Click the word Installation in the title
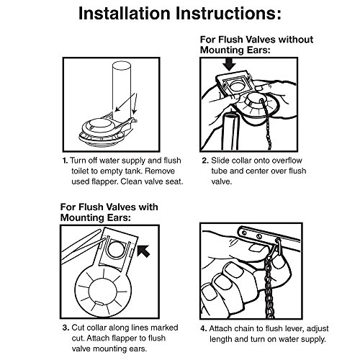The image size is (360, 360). (125, 14)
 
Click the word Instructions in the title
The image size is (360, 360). (228, 14)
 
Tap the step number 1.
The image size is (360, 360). (65, 161)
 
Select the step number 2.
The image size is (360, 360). (204, 161)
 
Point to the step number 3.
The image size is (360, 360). (66, 328)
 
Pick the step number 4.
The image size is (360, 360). (204, 328)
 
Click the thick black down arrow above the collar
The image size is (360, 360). (229, 64)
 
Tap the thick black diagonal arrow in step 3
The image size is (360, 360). (143, 251)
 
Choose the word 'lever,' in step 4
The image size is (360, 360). (296, 328)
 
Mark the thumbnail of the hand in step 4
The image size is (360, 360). (258, 248)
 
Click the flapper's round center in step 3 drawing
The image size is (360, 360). (103, 292)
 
